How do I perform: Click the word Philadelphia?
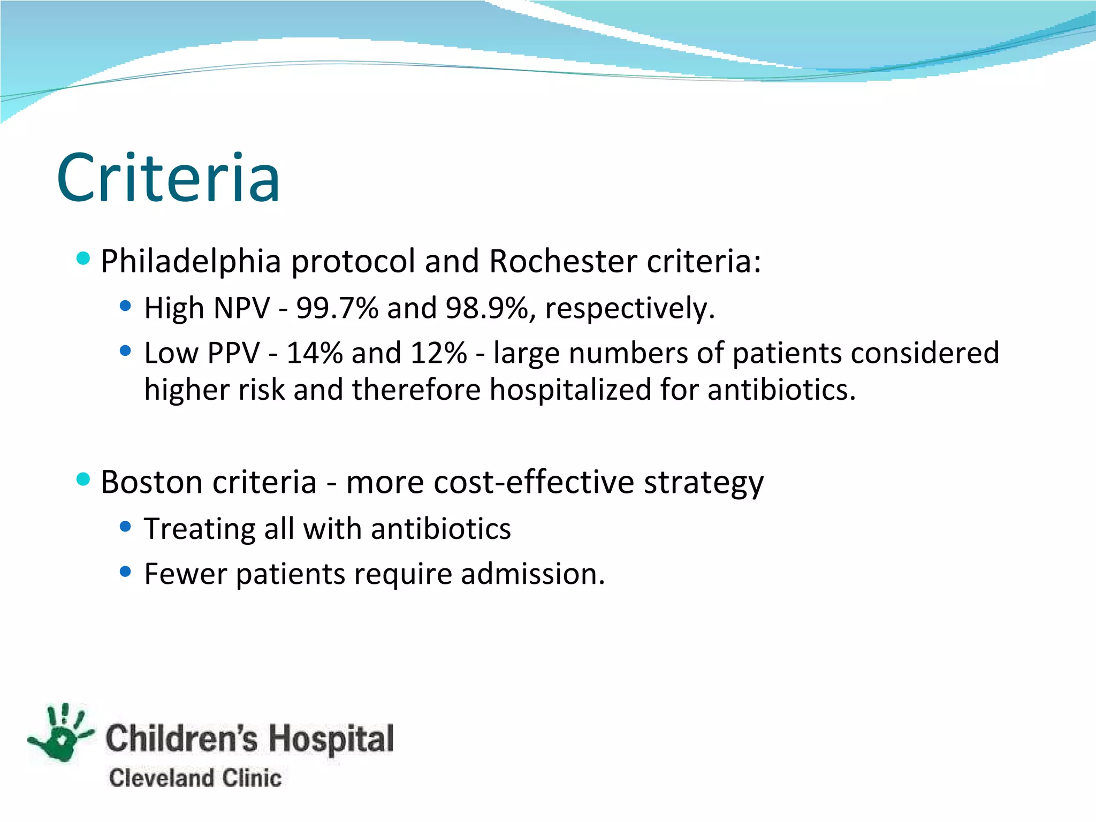[x=191, y=262]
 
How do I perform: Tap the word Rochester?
[x=562, y=262]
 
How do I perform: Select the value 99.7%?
[x=337, y=308]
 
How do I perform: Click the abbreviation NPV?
[x=241, y=308]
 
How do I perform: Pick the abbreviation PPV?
[x=233, y=353]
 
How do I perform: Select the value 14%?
[x=314, y=353]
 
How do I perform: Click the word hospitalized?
[x=570, y=390]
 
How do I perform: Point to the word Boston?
[x=153, y=482]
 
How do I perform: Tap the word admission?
[x=532, y=574]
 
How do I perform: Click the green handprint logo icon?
[x=62, y=734]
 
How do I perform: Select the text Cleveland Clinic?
[x=195, y=778]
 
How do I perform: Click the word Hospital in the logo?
[x=331, y=739]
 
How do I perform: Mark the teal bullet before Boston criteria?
[x=83, y=479]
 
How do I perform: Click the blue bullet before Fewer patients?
[x=126, y=572]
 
